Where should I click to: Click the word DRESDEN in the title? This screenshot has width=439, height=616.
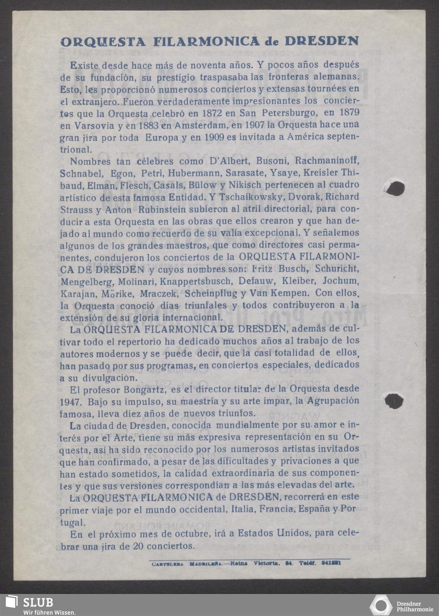pyautogui.click(x=321, y=41)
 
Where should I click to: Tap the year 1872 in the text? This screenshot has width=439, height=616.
pyautogui.click(x=215, y=113)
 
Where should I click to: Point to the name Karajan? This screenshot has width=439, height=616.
pyautogui.click(x=74, y=293)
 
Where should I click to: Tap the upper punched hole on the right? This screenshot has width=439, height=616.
pyautogui.click(x=395, y=188)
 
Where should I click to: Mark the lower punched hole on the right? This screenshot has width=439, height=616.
pyautogui.click(x=393, y=400)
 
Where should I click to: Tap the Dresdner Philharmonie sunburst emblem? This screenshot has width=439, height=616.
pyautogui.click(x=381, y=605)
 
